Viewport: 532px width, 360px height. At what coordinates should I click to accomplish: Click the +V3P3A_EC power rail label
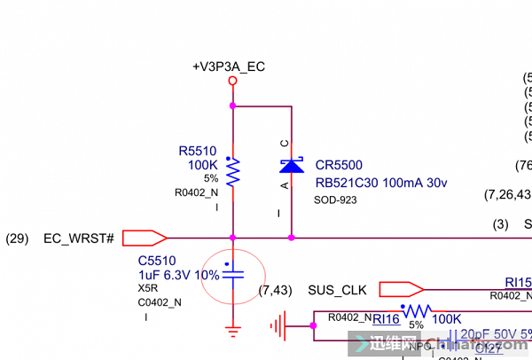pyautogui.click(x=229, y=67)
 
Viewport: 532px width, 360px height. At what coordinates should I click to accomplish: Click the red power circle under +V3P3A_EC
pyautogui.click(x=232, y=81)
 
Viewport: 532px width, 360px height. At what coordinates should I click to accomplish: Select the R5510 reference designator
pyautogui.click(x=197, y=152)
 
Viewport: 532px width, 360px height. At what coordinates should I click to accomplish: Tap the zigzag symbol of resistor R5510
pyautogui.click(x=232, y=172)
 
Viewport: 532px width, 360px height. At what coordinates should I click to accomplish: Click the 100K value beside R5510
pyautogui.click(x=202, y=165)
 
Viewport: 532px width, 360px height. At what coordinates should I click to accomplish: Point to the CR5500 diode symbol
pyautogui.click(x=292, y=166)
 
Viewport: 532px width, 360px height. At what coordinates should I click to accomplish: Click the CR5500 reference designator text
pyautogui.click(x=339, y=166)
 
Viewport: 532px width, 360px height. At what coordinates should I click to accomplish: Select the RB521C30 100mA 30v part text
pyautogui.click(x=379, y=182)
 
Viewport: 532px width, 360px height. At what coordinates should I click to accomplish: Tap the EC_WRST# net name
pyautogui.click(x=79, y=239)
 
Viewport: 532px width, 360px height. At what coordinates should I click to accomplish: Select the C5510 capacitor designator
pyautogui.click(x=157, y=261)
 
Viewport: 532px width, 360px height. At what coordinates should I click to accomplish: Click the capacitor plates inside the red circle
pyautogui.click(x=232, y=275)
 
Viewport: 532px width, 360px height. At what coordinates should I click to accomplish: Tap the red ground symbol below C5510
pyautogui.click(x=232, y=332)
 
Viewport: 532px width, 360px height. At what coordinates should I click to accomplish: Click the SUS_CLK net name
pyautogui.click(x=337, y=290)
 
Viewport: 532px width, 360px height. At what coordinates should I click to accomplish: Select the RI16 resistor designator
pyautogui.click(x=385, y=319)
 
